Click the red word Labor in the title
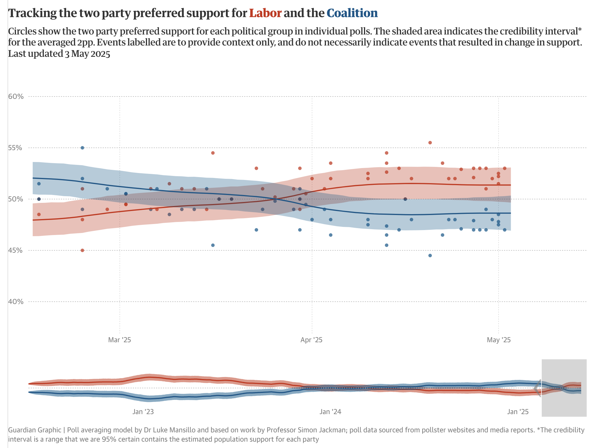pos(265,13)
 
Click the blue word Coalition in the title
pos(352,13)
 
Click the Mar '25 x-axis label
pos(119,340)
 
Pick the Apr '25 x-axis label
pos(311,340)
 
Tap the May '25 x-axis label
pos(499,340)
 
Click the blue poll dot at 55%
pos(82,148)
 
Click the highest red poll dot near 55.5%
pos(430,143)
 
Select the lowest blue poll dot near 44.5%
pos(430,256)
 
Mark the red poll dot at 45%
pos(82,250)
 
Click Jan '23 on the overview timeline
pos(143,411)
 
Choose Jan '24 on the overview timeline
pos(330,411)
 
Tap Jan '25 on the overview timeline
pos(518,411)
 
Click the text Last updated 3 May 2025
pos(59,54)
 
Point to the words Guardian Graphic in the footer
pos(35,430)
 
